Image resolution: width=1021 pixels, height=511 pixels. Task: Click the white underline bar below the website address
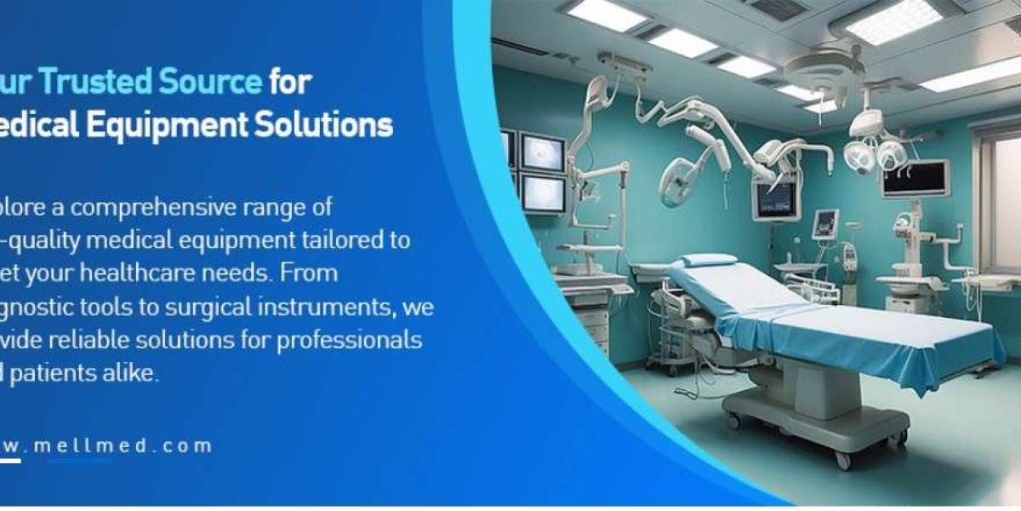[x=10, y=461]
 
